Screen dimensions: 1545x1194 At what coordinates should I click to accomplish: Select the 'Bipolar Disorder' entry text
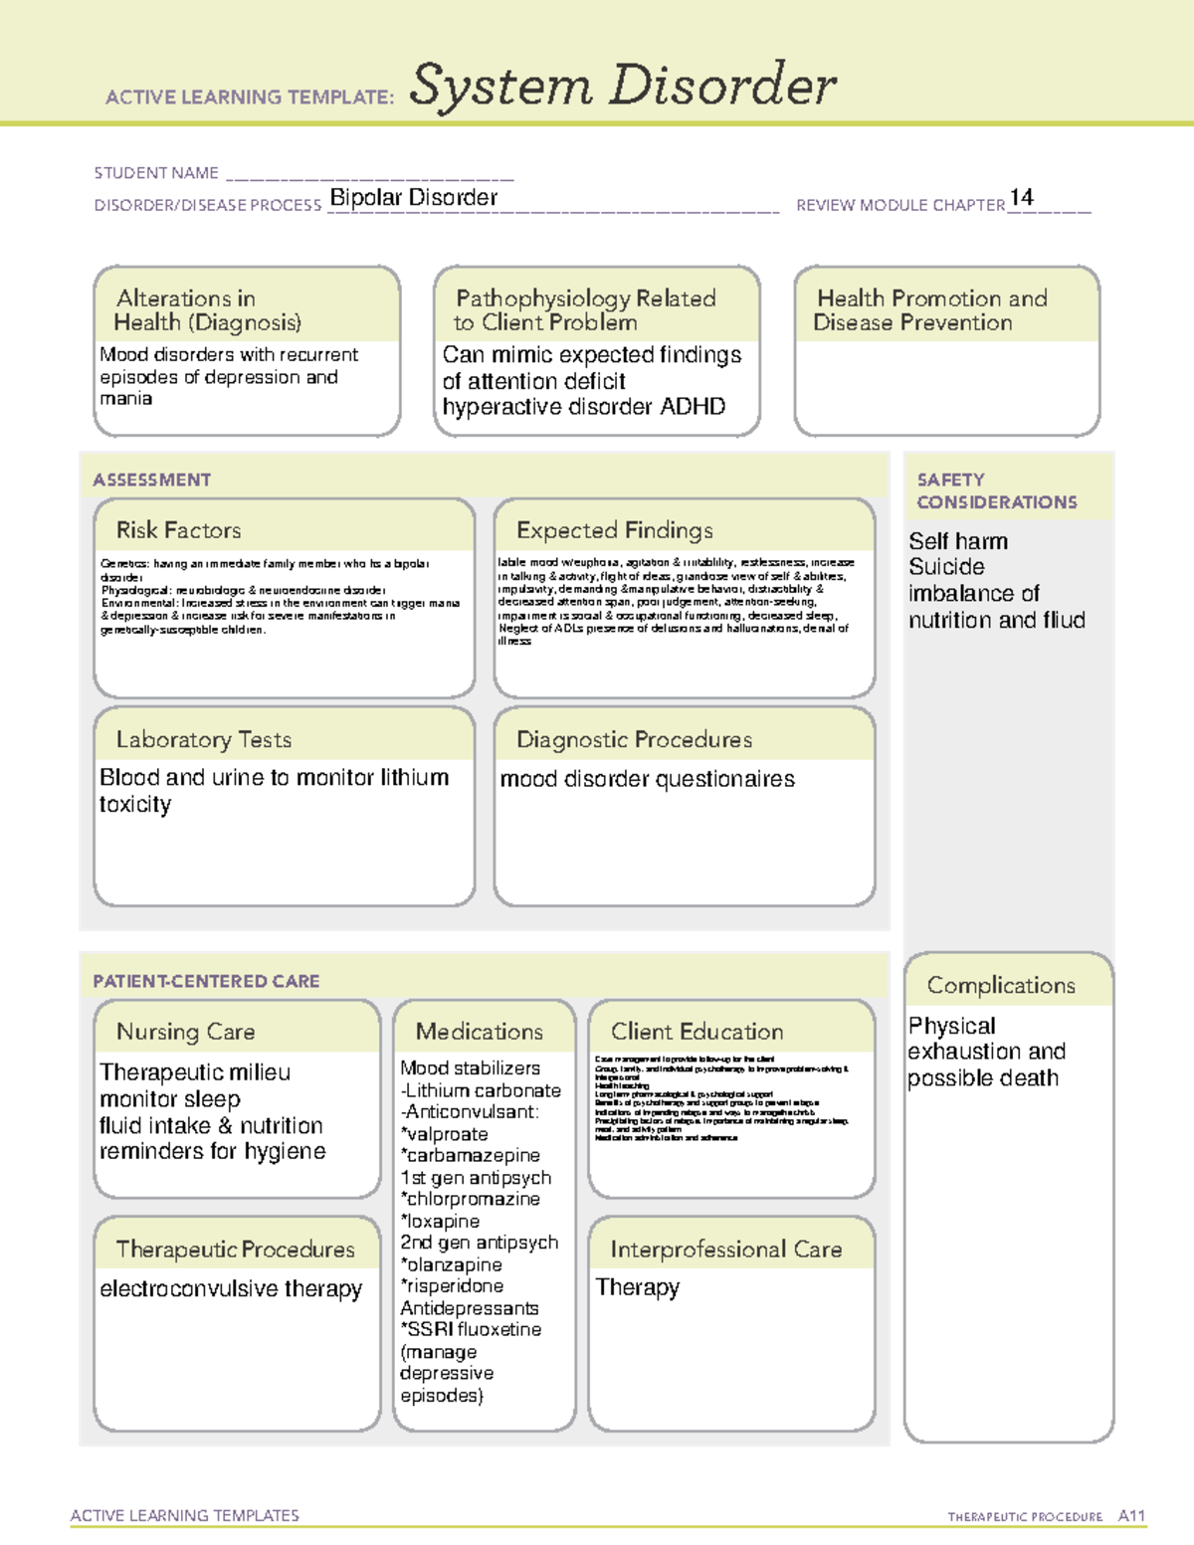(x=413, y=198)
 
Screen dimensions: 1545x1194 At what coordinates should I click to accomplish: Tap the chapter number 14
(x=1021, y=197)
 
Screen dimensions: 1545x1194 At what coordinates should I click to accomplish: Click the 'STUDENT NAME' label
(x=156, y=173)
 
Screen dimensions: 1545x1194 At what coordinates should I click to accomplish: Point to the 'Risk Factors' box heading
(x=178, y=530)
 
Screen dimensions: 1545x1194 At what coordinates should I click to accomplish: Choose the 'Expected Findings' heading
(x=614, y=530)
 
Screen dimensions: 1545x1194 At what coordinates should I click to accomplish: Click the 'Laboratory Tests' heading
(x=203, y=739)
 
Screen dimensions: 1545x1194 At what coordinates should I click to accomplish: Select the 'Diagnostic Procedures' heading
(x=634, y=739)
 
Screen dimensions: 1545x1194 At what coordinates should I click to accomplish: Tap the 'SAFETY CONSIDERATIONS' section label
(x=996, y=490)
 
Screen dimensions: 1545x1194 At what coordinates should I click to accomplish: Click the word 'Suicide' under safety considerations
(x=946, y=567)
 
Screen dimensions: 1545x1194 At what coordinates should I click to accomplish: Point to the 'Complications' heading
(x=1001, y=985)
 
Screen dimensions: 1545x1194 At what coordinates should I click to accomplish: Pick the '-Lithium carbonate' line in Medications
(x=481, y=1090)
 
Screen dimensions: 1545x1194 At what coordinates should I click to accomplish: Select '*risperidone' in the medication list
(x=452, y=1286)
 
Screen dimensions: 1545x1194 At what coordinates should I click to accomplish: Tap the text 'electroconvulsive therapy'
(x=231, y=1289)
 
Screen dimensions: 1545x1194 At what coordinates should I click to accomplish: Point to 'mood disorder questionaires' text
(x=647, y=779)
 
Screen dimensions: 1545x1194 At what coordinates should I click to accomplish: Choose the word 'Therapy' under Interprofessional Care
(x=637, y=1287)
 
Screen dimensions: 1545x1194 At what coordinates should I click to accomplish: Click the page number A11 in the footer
(x=1131, y=1516)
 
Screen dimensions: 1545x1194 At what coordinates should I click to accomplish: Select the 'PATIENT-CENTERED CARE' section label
(x=206, y=981)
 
